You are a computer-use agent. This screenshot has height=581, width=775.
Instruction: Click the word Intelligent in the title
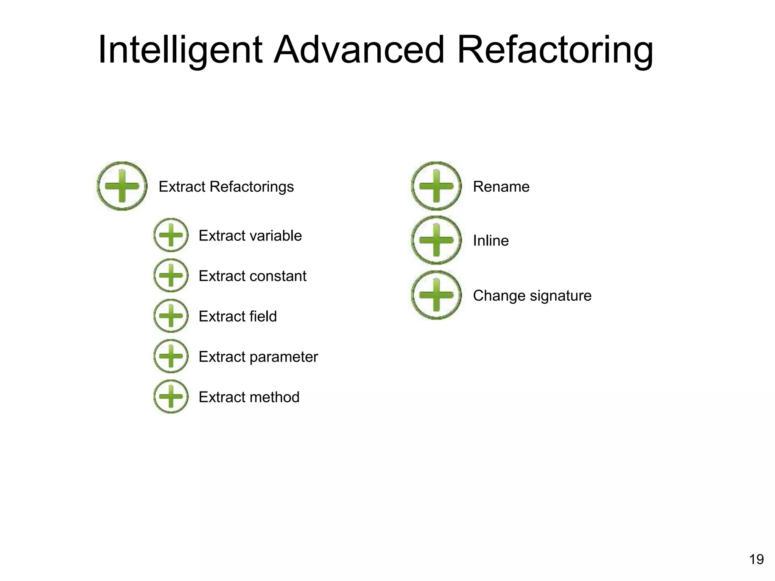coord(180,50)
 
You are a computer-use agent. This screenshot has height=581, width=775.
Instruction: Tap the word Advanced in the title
coord(359,50)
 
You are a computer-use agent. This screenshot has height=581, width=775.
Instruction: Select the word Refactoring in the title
coord(555,50)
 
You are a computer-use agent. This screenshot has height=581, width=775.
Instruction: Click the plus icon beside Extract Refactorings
coord(122,186)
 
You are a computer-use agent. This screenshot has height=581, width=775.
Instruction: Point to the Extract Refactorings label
coord(226,186)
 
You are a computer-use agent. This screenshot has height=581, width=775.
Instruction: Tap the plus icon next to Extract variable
coord(171,235)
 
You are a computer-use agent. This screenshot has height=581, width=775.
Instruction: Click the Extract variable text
coord(250,236)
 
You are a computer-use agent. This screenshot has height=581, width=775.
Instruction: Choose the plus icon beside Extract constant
coord(171,275)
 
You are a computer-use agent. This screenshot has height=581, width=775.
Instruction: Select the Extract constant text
coord(252,276)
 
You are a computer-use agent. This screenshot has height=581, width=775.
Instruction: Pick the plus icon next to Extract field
coord(171,316)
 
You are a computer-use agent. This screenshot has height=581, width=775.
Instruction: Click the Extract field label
coord(238,316)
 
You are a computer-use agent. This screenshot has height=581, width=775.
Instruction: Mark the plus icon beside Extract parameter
coord(171,356)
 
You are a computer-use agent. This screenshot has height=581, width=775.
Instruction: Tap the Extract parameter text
coord(258,357)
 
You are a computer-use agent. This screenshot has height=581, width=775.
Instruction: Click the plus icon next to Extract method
coord(171,396)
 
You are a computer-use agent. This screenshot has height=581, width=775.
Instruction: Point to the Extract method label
coord(249,397)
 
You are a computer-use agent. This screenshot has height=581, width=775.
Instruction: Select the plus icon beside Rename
coord(436,186)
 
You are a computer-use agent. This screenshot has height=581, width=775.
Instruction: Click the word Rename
coord(501,186)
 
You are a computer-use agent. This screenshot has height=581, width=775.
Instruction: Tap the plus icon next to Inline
coord(436,240)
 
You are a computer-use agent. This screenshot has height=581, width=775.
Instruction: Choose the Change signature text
coord(532,295)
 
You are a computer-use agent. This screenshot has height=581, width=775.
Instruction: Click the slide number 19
coord(756,559)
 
